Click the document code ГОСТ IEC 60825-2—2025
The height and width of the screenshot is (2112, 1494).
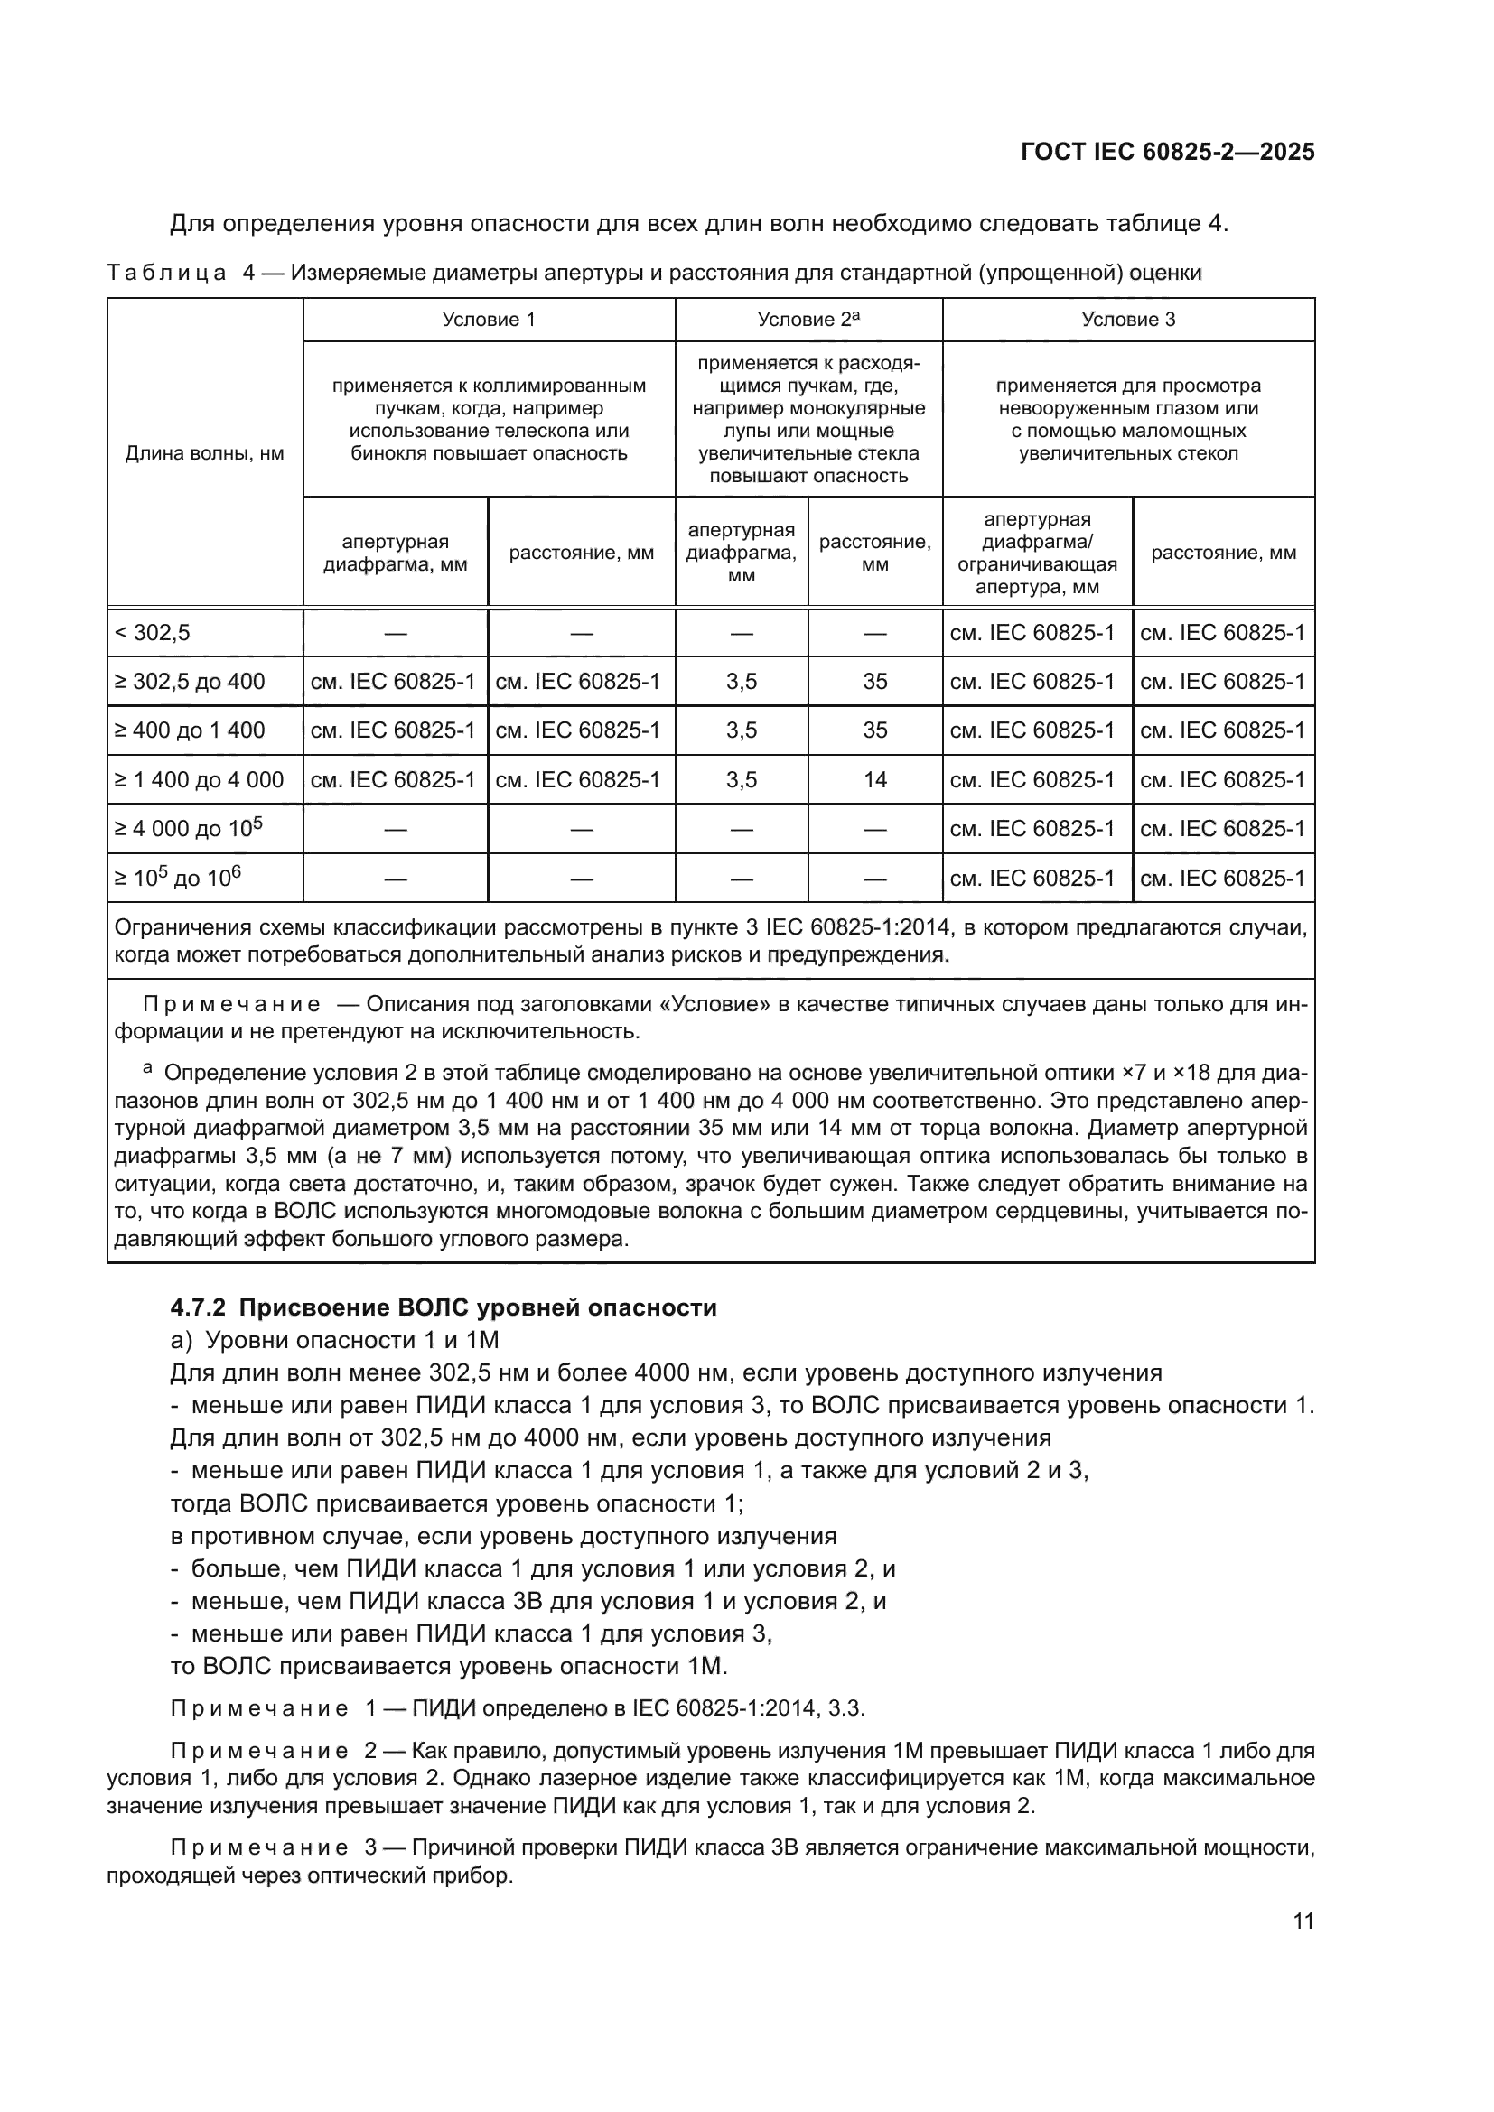click(x=1167, y=152)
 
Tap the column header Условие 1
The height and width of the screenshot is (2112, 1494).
click(x=489, y=319)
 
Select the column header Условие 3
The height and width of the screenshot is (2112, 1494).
click(x=1128, y=319)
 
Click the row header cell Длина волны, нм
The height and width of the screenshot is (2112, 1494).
click(x=204, y=453)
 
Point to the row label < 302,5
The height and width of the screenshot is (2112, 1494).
click(x=153, y=633)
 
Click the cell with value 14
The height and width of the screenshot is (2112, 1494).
click(x=875, y=780)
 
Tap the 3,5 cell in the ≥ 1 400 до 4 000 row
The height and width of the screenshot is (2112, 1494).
click(x=742, y=780)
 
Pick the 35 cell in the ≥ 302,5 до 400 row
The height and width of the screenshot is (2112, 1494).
click(x=875, y=682)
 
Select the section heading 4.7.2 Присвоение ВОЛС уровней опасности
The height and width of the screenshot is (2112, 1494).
click(x=444, y=1307)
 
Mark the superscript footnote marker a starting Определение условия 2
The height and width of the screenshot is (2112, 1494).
click(x=147, y=1069)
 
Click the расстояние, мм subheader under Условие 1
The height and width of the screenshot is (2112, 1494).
click(x=582, y=553)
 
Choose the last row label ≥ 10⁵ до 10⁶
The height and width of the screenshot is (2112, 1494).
click(x=178, y=879)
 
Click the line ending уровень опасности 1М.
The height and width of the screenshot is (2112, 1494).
click(x=449, y=1666)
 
